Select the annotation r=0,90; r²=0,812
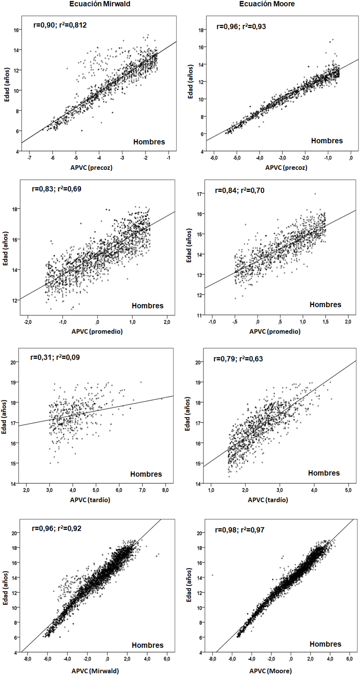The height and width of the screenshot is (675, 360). (x=60, y=25)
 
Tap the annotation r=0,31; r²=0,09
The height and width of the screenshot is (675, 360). (x=55, y=357)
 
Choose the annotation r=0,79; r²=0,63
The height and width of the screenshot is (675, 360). (x=238, y=359)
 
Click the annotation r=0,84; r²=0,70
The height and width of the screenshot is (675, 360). (x=239, y=190)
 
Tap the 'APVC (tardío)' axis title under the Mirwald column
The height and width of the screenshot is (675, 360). (x=90, y=500)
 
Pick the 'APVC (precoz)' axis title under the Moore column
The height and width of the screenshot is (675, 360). (x=286, y=168)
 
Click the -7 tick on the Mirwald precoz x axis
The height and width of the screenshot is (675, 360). (x=29, y=158)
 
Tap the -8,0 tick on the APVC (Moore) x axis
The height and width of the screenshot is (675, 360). (x=212, y=659)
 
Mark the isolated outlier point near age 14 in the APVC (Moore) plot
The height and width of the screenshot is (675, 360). (x=212, y=575)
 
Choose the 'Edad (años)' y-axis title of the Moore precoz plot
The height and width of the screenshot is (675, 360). (x=190, y=82)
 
